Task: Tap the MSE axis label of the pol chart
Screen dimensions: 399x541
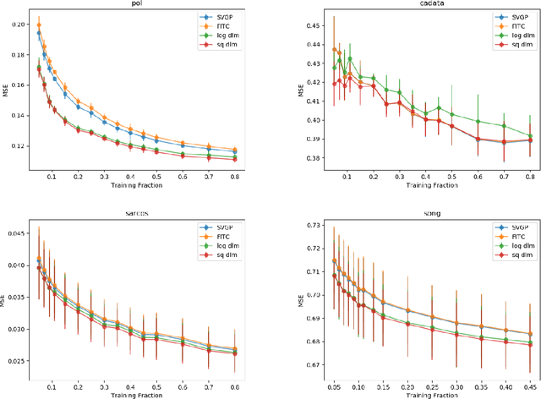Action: coord(5,92)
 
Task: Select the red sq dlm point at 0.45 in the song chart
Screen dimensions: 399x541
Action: coord(531,344)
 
